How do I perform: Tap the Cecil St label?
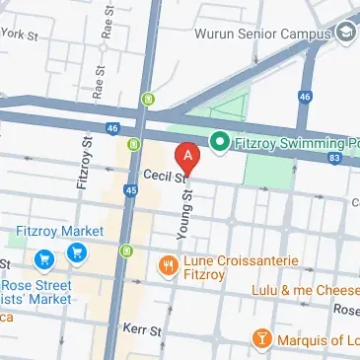tap(164, 176)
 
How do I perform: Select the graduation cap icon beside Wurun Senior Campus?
tap(345, 33)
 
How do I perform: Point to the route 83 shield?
tap(337, 157)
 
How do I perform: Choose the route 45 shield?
tap(131, 190)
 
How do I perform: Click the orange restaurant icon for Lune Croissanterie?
tap(168, 264)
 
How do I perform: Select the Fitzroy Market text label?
tap(59, 231)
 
